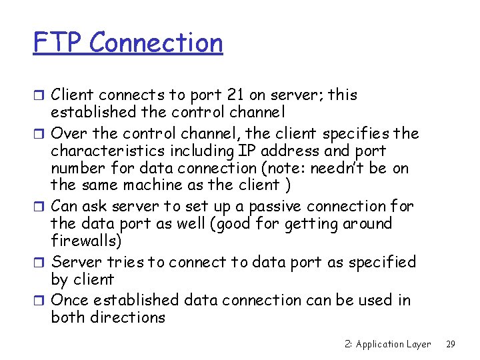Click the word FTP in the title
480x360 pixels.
(58, 43)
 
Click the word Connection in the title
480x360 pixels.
(156, 43)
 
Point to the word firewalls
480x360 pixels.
(84, 241)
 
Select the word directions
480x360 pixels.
(127, 317)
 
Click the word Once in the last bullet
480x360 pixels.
(70, 300)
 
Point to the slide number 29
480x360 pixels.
(451, 344)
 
